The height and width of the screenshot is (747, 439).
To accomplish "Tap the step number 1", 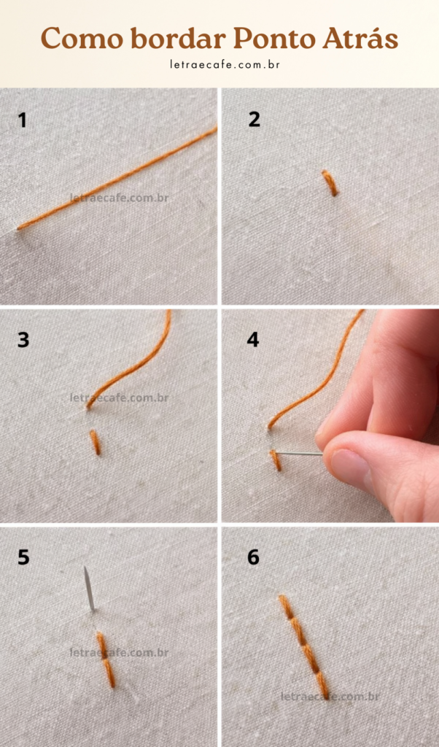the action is tap(22, 120).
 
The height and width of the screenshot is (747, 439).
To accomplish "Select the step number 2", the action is tap(255, 120).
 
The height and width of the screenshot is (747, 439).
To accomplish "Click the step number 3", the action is tap(23, 340).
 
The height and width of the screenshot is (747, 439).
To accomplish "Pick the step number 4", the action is tap(253, 340).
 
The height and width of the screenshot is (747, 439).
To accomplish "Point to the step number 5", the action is tap(23, 557).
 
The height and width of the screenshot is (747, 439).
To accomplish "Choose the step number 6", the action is tap(253, 557).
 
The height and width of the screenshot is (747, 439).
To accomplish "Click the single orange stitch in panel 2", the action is tap(330, 183).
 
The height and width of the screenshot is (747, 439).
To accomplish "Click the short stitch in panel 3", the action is tap(96, 442).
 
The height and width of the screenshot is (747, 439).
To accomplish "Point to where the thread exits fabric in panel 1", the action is tap(19, 228).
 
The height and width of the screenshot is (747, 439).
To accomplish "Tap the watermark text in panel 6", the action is tap(330, 697).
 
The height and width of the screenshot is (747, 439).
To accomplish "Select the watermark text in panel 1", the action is tap(119, 198).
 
